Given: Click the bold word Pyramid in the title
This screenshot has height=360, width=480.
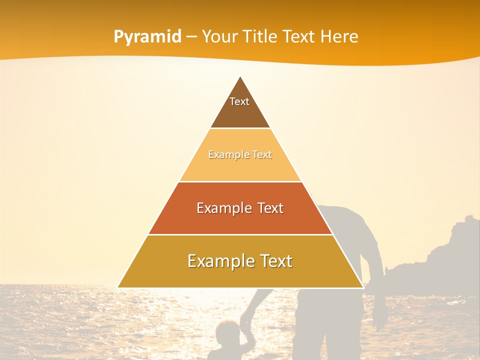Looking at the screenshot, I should click(147, 37).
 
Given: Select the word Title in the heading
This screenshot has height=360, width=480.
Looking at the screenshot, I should click(260, 37).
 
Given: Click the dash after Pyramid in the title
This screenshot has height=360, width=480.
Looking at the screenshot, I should click(191, 37).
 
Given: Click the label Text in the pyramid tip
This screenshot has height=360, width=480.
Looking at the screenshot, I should click(239, 101).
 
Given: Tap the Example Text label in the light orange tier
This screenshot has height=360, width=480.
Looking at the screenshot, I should click(240, 154).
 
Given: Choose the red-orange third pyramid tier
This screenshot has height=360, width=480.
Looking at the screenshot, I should click(240, 220).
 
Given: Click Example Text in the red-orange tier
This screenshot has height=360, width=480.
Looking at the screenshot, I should click(240, 208).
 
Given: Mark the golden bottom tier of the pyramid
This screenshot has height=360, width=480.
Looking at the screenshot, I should click(240, 275).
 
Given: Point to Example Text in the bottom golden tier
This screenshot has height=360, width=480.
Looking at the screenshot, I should click(240, 261).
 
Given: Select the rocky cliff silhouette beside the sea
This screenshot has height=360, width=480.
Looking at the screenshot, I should click(440, 260).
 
